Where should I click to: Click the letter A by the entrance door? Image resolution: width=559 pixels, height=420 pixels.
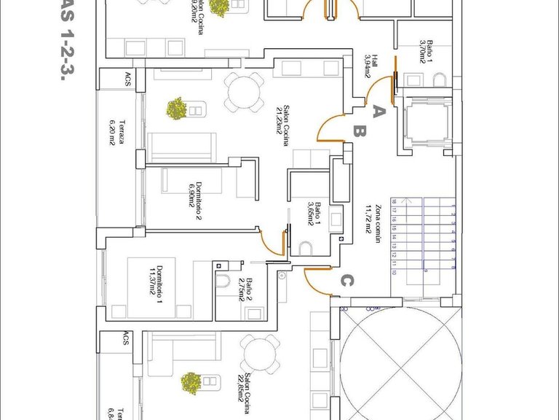pyautogui.click(x=378, y=112)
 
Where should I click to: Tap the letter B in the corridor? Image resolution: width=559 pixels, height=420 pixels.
pyautogui.click(x=359, y=133)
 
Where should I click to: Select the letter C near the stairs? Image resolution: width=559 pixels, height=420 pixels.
pyautogui.click(x=348, y=279)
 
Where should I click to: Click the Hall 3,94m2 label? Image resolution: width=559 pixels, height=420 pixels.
pyautogui.click(x=372, y=65)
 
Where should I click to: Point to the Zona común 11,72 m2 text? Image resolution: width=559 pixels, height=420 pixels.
pyautogui.click(x=373, y=233)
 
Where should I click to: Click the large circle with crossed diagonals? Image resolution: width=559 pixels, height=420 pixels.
pyautogui.click(x=399, y=363)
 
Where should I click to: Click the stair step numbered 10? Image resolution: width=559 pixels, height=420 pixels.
pyautogui.click(x=394, y=272)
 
